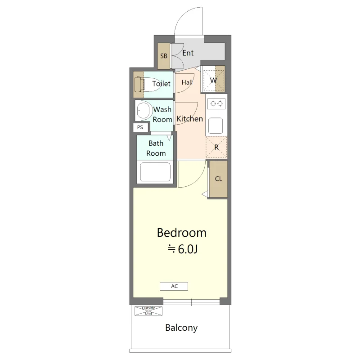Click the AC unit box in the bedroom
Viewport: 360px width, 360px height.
[x=174, y=286]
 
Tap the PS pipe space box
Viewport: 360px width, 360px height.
[x=140, y=127]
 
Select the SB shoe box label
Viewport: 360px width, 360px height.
[x=164, y=56]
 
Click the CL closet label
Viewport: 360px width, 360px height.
[x=218, y=179]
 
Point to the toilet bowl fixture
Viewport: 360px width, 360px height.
[x=148, y=85]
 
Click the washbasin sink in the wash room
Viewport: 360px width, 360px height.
[x=143, y=110]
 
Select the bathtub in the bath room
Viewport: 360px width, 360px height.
[x=155, y=172]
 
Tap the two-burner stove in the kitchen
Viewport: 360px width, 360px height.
[x=216, y=104]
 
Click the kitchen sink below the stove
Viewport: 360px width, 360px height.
[x=216, y=126]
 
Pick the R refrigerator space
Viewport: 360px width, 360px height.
[x=216, y=147]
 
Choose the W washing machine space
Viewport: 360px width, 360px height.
[x=213, y=80]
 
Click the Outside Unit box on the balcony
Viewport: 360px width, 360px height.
[x=148, y=310]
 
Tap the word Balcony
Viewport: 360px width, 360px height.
[x=181, y=328]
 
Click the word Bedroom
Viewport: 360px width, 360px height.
[x=182, y=232]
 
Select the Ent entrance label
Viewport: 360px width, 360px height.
[x=188, y=53]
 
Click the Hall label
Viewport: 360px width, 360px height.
[x=187, y=82]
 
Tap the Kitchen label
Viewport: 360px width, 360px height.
[x=189, y=119]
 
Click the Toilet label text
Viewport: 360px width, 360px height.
[x=161, y=84]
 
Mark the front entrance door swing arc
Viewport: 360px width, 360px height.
[x=181, y=16]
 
